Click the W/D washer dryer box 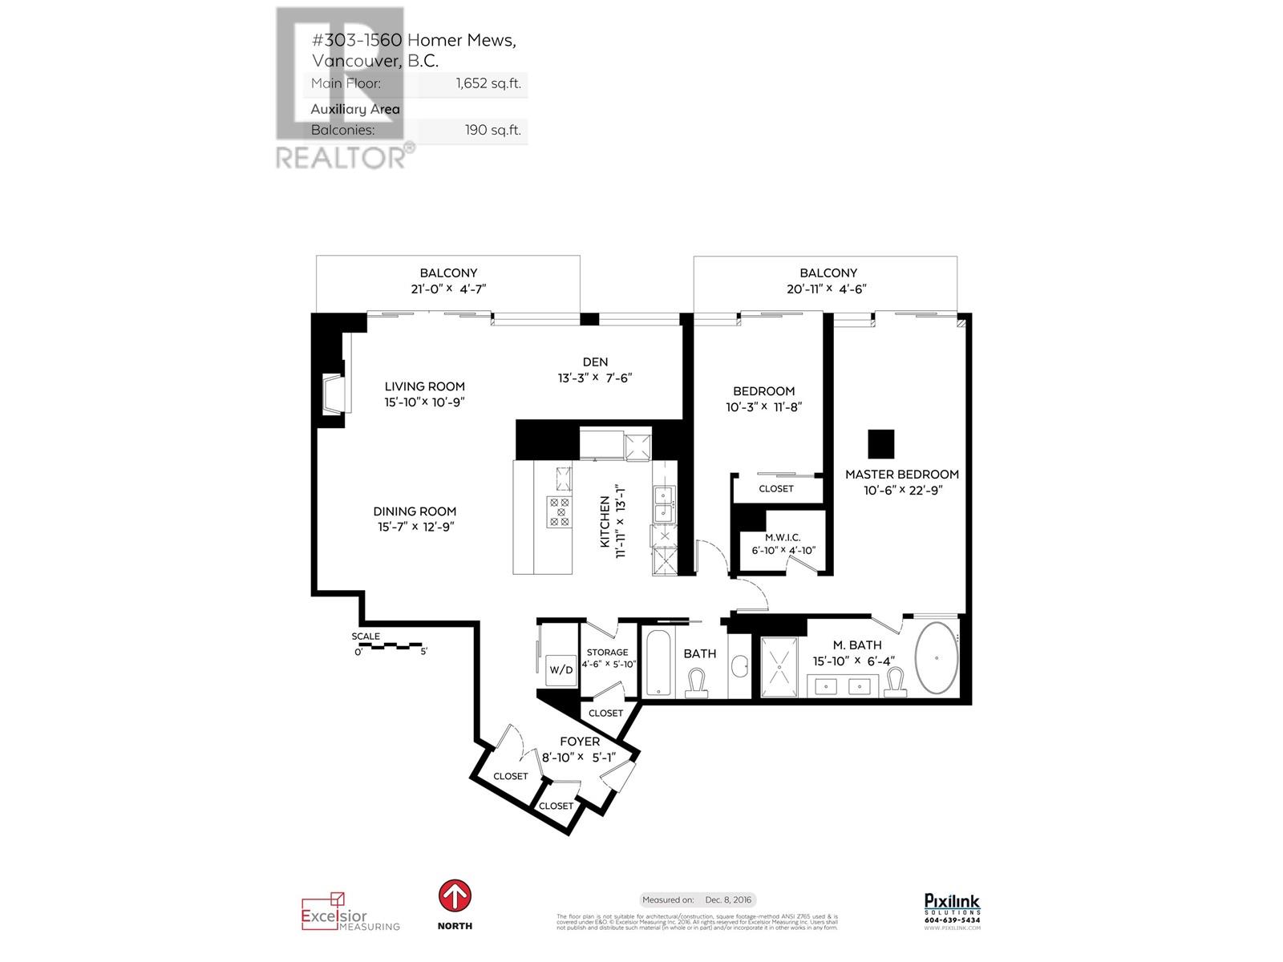(x=561, y=669)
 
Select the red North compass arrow (x=455, y=896)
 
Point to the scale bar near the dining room (x=390, y=644)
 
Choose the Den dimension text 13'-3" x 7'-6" (x=595, y=378)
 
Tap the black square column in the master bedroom (x=880, y=443)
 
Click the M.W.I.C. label (x=782, y=537)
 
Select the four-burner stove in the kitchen (x=559, y=511)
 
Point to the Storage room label (x=607, y=653)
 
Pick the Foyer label (x=580, y=742)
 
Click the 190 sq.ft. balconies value (x=493, y=130)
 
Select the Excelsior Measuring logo (x=350, y=912)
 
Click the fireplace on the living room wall (x=333, y=394)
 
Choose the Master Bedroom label (x=901, y=475)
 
